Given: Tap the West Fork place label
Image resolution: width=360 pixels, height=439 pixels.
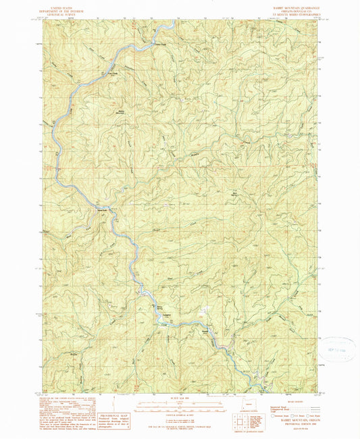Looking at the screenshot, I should [104, 208].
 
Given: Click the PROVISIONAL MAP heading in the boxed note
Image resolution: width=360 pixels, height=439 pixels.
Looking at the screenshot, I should [111, 415].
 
